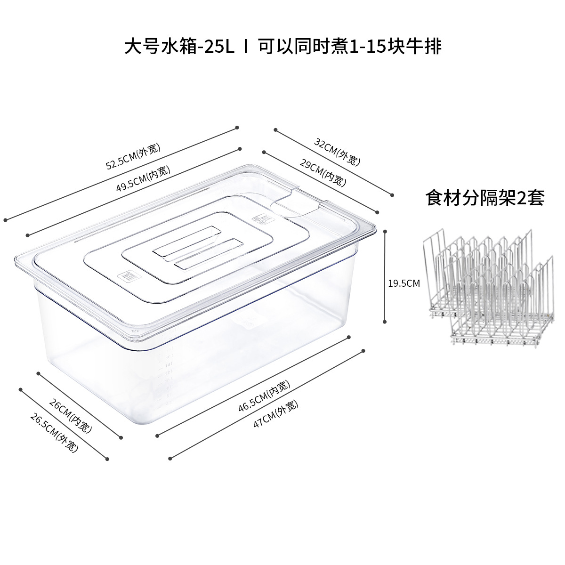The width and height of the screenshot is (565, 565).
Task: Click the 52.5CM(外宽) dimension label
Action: point(133,157)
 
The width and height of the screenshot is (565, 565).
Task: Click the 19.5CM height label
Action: point(404,283)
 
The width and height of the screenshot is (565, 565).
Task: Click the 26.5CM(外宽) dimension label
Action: point(54,433)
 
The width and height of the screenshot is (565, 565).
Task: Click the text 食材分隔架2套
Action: point(485,198)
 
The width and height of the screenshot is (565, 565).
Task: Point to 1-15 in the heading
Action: point(367,47)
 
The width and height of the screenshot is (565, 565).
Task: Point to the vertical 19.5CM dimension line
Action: point(386,275)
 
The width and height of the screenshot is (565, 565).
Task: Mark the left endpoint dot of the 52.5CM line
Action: point(6,219)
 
